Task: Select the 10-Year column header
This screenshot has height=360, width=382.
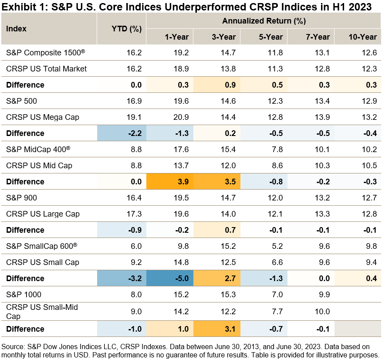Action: click(x=362, y=37)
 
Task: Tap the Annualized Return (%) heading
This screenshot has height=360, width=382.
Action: click(x=264, y=20)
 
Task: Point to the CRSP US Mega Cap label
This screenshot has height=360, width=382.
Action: click(x=43, y=117)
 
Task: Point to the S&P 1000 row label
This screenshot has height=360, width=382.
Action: click(x=24, y=294)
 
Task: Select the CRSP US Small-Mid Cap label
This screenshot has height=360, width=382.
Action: click(x=42, y=311)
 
